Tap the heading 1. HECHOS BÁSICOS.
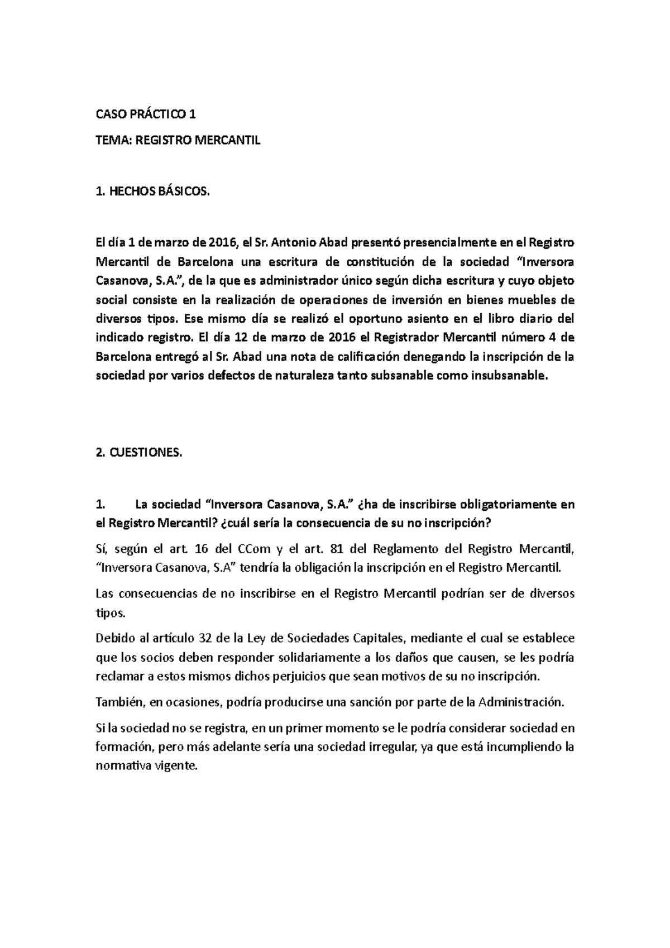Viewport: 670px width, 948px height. [154, 191]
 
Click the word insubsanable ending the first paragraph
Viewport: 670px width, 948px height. [510, 375]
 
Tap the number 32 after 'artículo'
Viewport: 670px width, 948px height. [206, 638]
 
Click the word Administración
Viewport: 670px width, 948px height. [521, 702]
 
